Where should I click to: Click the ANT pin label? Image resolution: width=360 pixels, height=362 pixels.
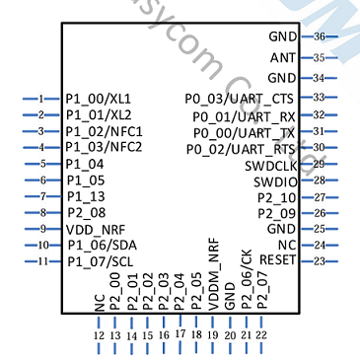pyautogui.click(x=282, y=57)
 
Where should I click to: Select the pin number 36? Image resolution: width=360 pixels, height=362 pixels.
pyautogui.click(x=320, y=36)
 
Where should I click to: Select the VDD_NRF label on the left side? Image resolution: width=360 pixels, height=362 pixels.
pyautogui.click(x=98, y=229)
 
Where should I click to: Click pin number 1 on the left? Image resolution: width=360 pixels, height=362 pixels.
pyautogui.click(x=41, y=99)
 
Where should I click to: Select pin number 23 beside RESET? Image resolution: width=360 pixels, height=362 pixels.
pyautogui.click(x=320, y=260)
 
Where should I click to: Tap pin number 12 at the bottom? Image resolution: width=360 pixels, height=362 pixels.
pyautogui.click(x=99, y=335)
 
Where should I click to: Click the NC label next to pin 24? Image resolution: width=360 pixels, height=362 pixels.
pyautogui.click(x=286, y=245)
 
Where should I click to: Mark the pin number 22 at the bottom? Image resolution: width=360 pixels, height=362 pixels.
pyautogui.click(x=261, y=335)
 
